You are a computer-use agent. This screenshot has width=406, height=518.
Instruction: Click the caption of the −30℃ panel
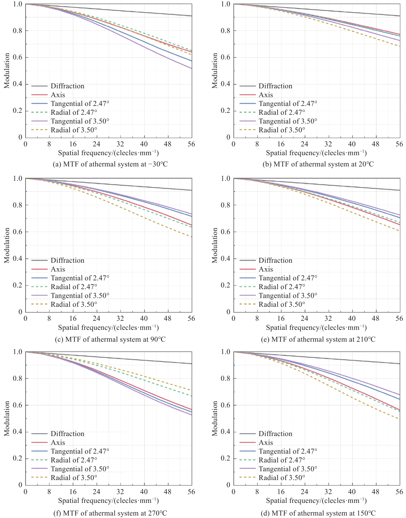tap(110, 164)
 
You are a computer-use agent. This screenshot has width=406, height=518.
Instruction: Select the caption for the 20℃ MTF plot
tap(318, 164)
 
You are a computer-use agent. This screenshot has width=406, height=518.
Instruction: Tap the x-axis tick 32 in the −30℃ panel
tap(120, 144)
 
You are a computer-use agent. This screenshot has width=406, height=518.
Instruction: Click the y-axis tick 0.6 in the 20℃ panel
tap(225, 57)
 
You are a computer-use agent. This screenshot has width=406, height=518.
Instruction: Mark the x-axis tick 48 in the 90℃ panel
tap(168, 319)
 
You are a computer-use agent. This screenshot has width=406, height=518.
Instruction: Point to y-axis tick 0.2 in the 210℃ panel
tap(225, 285)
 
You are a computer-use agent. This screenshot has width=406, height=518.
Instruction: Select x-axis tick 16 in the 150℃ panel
tap(281, 492)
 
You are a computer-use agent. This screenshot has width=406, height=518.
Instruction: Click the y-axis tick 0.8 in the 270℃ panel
tap(17, 379)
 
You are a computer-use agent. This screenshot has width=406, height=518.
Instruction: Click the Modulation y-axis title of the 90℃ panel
tap(7, 245)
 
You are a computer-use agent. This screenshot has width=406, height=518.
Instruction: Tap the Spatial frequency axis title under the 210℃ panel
tap(316, 328)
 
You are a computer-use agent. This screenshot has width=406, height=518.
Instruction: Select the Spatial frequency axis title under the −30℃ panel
tap(108, 153)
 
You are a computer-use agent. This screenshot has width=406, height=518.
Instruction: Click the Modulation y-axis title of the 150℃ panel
tap(215, 418)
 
